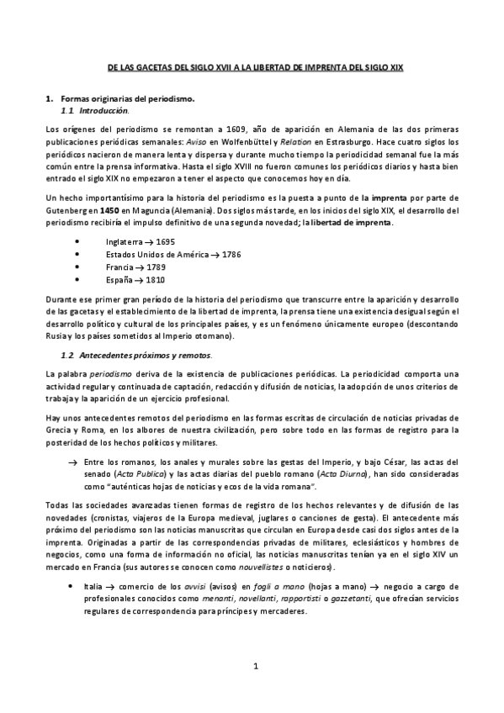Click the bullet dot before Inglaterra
[x=77, y=240]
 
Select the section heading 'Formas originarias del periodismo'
[x=128, y=99]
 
